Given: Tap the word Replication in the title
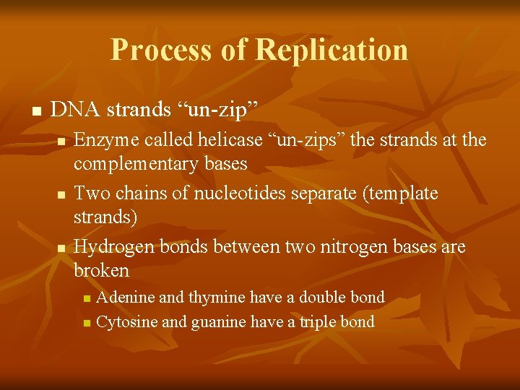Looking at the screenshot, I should pyautogui.click(x=331, y=49).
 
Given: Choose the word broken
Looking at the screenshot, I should pyautogui.click(x=102, y=271).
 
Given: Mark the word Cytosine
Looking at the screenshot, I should pyautogui.click(x=127, y=321).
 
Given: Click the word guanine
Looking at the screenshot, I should pyautogui.click(x=220, y=321).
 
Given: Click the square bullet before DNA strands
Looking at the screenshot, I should pyautogui.click(x=35, y=112).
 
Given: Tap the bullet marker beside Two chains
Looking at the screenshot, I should pyautogui.click(x=61, y=195).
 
